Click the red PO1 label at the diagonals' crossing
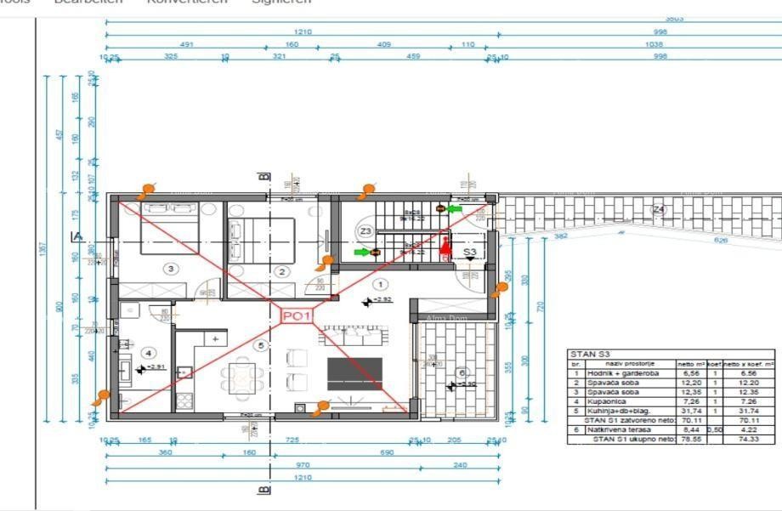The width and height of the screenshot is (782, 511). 297,316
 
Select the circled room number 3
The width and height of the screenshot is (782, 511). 171,269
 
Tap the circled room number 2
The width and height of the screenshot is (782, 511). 282,272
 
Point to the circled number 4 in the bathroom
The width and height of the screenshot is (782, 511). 148,353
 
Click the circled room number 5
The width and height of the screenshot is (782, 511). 261,345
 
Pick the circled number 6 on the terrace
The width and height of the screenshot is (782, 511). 462,372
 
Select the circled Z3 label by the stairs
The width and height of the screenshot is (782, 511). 365,231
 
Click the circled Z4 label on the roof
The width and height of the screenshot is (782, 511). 658,209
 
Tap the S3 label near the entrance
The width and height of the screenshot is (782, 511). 470,253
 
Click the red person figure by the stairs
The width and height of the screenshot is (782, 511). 444,248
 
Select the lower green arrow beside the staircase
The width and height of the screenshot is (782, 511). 362,252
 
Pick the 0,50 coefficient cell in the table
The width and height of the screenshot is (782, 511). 715,429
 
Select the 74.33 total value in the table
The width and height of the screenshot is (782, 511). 748,440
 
